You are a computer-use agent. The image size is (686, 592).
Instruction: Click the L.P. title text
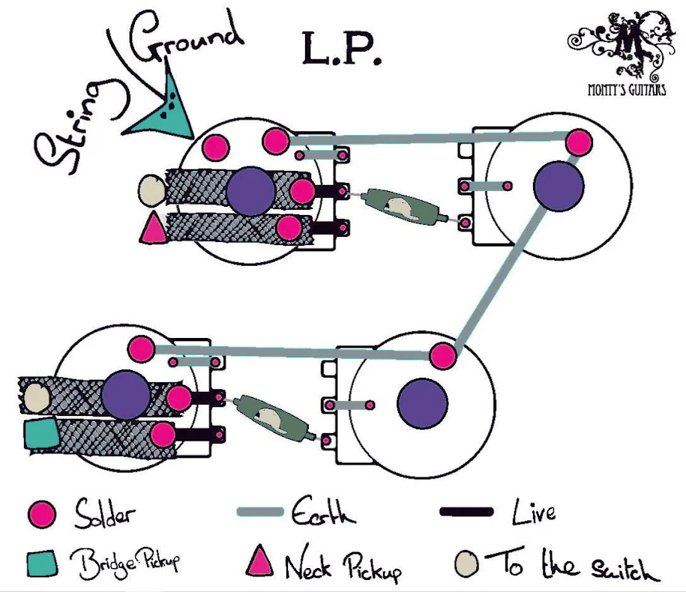tap(341, 49)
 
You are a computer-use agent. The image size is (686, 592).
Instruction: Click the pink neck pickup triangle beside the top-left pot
tap(153, 227)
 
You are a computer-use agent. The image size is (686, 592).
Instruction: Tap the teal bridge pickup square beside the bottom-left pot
tap(41, 435)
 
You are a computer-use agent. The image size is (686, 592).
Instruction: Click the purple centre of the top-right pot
tap(559, 186)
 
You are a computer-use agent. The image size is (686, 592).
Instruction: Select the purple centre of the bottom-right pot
tap(422, 403)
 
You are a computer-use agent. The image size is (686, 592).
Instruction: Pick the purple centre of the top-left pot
tap(250, 191)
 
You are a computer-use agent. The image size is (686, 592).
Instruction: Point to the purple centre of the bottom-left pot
tap(126, 395)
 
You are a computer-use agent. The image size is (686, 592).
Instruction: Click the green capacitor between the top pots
tap(403, 207)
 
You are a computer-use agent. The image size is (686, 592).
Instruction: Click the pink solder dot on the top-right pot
tap(579, 142)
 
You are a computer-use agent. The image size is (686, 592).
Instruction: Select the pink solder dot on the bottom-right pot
tap(443, 356)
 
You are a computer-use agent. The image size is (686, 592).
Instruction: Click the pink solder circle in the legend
tap(42, 514)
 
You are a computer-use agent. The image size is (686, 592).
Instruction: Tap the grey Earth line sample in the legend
tap(260, 512)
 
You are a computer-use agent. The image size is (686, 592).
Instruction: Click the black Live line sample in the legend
tap(466, 512)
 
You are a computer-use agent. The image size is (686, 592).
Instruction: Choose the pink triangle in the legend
tap(259, 561)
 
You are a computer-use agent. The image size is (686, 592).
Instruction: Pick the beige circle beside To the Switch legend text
tap(466, 564)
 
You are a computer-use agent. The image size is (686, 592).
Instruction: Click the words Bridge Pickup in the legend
tap(124, 563)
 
